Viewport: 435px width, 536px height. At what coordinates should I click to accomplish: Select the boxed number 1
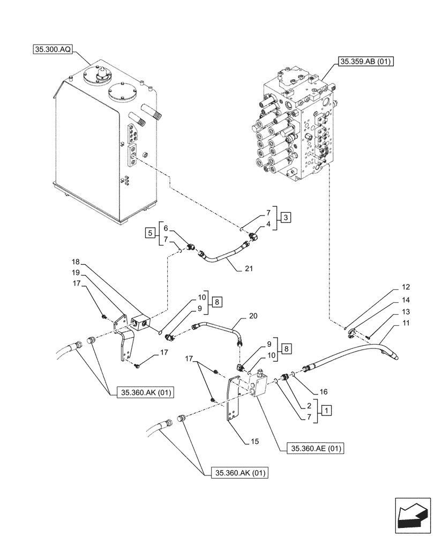tap(326, 410)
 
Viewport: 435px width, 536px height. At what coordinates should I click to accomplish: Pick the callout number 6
tap(166, 228)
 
